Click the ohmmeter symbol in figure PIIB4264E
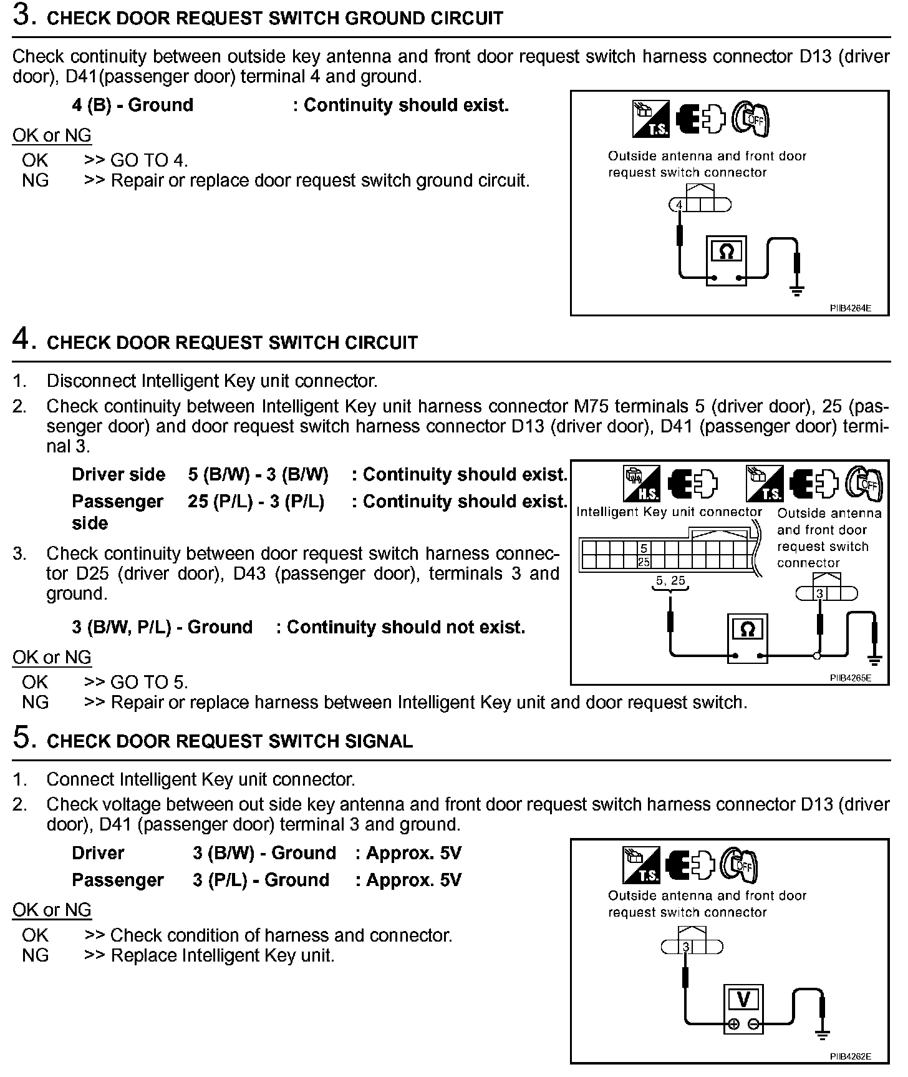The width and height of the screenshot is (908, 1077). coord(726,252)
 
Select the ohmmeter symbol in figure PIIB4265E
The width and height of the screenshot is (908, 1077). coord(747,630)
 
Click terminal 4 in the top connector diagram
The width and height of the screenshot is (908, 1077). coord(679,205)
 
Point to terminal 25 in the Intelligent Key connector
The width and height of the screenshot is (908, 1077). coord(644,562)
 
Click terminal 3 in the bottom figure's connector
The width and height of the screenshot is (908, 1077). coord(686,947)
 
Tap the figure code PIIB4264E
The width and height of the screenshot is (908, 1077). coord(850,308)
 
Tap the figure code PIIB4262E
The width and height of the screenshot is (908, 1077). coord(850,1056)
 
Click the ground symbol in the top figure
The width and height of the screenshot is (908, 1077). coord(796,290)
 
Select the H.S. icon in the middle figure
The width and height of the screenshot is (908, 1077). coord(642,484)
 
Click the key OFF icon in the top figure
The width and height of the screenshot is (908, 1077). coord(751,119)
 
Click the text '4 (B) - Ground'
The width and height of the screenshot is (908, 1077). coord(132,105)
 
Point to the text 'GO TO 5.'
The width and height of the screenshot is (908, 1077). coord(149,682)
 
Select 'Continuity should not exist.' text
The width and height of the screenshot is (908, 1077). coord(405,627)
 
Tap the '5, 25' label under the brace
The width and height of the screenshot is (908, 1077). coord(670,581)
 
